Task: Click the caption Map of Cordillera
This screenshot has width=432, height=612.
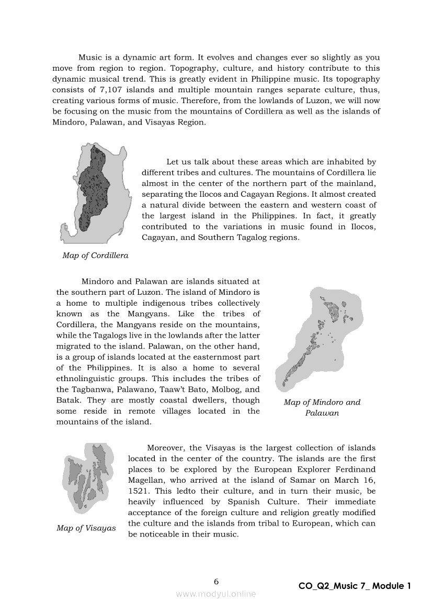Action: coord(95,255)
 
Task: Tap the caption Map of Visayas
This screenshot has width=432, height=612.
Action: coord(86,528)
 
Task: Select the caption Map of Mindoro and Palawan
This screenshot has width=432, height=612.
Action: coord(322,407)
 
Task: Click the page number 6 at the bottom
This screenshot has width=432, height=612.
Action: coord(216,581)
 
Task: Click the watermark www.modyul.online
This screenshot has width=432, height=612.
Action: coord(216,594)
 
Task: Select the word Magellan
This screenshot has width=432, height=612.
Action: coord(146,480)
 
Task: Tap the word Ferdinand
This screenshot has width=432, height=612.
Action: coord(353,469)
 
